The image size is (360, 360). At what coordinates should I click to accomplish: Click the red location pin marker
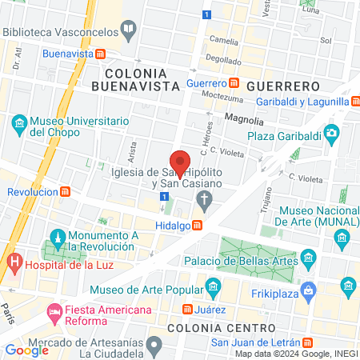pos(181,163)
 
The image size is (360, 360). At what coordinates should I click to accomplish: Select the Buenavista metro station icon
pos(101,54)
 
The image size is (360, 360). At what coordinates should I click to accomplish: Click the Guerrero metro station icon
pos(234,82)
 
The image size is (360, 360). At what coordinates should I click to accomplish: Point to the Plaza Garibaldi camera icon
pos(330,133)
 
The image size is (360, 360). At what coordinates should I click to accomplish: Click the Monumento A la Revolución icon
pos(57,238)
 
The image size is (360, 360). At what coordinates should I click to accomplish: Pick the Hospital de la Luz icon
pos(13,261)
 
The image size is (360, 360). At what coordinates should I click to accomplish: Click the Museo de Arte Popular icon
pos(212,286)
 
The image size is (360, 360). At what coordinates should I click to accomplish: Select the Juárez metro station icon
pos(186,309)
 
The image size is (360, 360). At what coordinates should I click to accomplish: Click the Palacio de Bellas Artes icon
pos(308,258)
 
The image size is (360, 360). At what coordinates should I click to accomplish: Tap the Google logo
pos(26,349)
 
